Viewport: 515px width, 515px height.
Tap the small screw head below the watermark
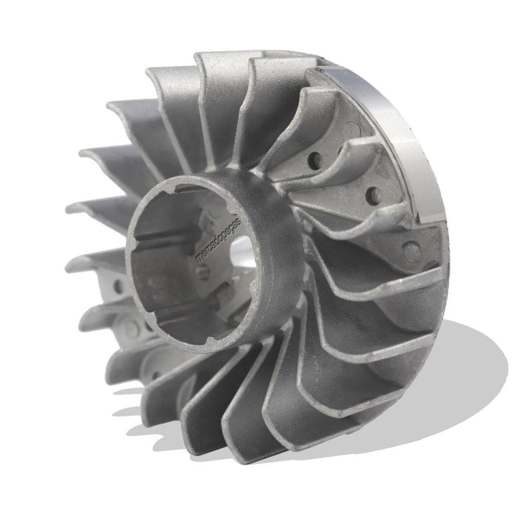point(205,273)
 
